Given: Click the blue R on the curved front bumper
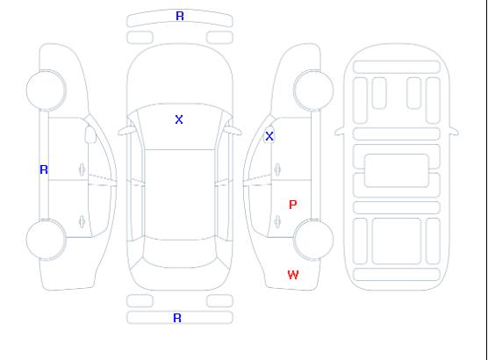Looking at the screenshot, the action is coord(180,16).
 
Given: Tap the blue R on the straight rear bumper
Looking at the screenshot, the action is coord(177,318).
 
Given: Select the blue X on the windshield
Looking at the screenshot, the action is coord(179,119).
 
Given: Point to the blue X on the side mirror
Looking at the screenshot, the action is coord(269,136).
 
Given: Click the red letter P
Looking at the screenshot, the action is coord(293,205).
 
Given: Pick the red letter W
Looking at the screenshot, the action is coord(293,275).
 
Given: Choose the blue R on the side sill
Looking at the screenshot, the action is coord(44,169).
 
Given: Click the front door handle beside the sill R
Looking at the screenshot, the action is coord(82,169).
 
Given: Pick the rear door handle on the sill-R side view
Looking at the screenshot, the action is coord(82,221).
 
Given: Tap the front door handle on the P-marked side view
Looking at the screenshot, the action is coord(277,169).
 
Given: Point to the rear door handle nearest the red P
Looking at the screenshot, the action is coord(277,221).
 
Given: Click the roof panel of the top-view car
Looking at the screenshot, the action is coord(180,195).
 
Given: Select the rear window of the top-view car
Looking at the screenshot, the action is coord(180,253).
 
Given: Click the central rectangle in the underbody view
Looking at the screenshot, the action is coord(397,170).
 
